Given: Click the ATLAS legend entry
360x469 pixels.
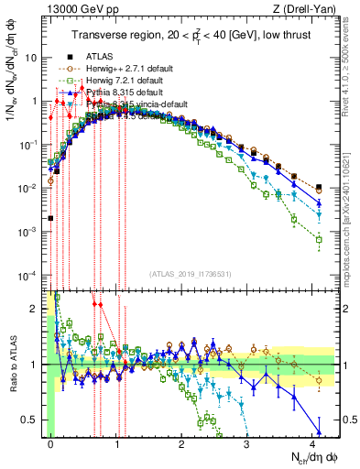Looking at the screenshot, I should (102, 56).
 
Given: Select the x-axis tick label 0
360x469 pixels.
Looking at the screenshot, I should (51, 445).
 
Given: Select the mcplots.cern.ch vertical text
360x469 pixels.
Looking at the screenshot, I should (352, 211).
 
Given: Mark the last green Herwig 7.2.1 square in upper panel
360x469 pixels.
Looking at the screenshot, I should (319, 240).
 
